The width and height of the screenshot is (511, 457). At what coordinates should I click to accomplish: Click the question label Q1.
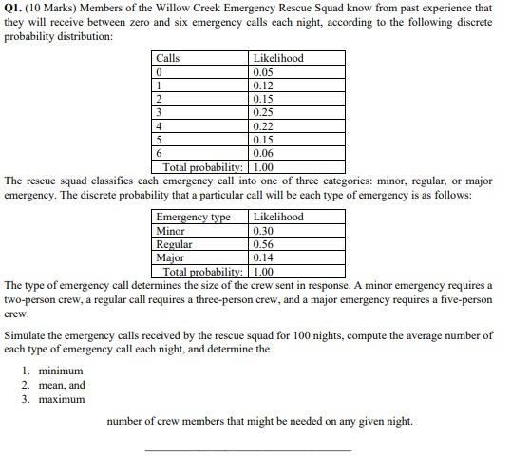[x=15, y=8]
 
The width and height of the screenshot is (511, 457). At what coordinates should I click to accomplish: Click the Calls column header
[x=168, y=58]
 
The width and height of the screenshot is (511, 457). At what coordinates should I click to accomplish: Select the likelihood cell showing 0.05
[x=263, y=71]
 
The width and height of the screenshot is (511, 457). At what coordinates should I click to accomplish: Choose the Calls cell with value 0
[x=160, y=71]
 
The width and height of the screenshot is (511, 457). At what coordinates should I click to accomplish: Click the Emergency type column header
[x=193, y=217]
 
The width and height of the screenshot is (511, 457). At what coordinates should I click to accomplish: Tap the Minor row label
[x=171, y=231]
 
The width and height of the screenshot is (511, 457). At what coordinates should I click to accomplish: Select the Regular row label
[x=175, y=244]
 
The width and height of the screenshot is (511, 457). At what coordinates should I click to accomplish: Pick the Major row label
[x=171, y=257]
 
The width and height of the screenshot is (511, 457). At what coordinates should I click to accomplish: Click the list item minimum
[x=60, y=371]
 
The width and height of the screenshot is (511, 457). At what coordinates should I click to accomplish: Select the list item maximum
[x=61, y=399]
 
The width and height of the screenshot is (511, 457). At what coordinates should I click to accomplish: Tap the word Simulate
[x=27, y=335]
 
